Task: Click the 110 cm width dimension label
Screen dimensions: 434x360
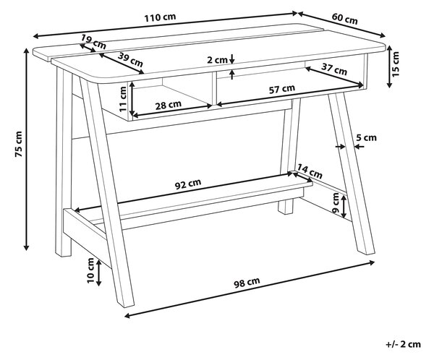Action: pos(160,17)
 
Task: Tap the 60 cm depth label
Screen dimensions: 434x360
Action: pos(344,19)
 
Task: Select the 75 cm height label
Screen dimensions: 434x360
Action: pos(19,144)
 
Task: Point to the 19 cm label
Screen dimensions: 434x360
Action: pos(93,42)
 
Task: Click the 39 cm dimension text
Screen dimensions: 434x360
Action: pos(130,60)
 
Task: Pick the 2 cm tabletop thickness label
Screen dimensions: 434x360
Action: pos(217,60)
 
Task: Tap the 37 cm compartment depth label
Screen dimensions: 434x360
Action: pos(334,69)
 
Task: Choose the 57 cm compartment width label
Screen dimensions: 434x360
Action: pos(282,89)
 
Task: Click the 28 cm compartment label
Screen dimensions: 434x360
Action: pos(169,105)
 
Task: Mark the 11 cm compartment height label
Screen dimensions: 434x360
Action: pos(123,99)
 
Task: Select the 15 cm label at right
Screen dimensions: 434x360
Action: pos(395,64)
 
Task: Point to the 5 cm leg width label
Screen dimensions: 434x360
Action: pos(366,137)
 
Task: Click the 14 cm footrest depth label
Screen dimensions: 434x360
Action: pos(310,171)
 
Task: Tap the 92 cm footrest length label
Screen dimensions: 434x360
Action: pos(188,184)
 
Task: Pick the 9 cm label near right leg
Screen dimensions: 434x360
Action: pos(335,203)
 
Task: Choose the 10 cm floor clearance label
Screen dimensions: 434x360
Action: pos(91,270)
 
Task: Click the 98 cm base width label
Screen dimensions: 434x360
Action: pos(247,283)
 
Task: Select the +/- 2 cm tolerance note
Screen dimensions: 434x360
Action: pos(404,344)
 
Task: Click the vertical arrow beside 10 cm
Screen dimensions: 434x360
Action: pos(99,273)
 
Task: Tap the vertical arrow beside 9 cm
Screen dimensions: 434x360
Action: pos(344,207)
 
